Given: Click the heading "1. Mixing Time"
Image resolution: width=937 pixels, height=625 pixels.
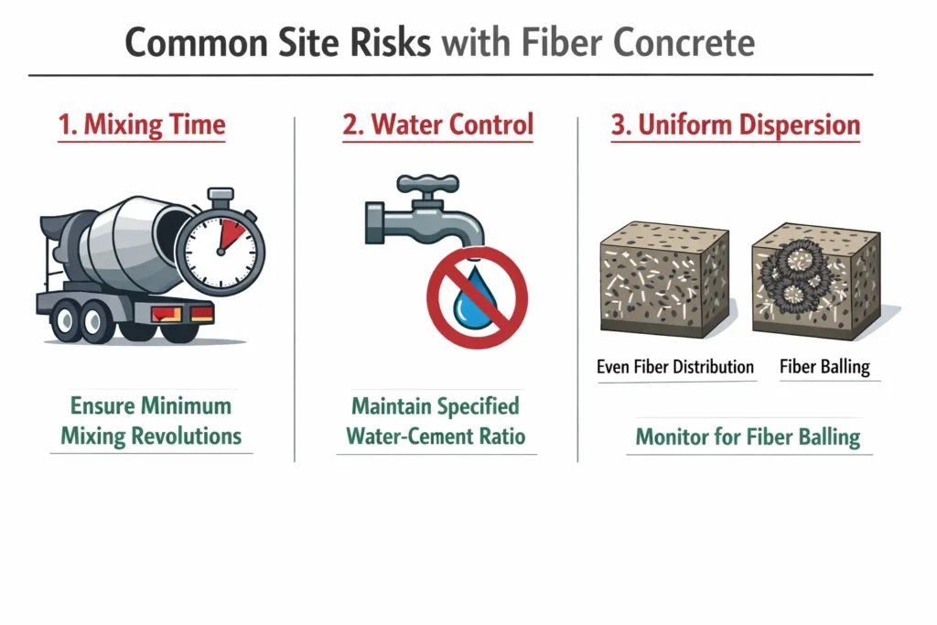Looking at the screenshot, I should pyautogui.click(x=141, y=125).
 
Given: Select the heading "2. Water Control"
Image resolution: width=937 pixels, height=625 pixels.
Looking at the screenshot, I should pyautogui.click(x=437, y=125).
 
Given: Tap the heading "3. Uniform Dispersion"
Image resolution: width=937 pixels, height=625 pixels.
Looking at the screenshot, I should pyautogui.click(x=736, y=125).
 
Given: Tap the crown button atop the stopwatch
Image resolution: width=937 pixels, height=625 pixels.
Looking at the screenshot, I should pyautogui.click(x=220, y=195).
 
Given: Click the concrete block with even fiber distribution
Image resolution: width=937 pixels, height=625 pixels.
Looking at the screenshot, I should pyautogui.click(x=664, y=278).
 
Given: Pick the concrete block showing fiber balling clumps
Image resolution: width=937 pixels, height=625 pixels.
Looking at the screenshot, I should pyautogui.click(x=815, y=280).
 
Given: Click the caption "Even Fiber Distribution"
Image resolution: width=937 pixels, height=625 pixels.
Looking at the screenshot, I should pyautogui.click(x=675, y=367).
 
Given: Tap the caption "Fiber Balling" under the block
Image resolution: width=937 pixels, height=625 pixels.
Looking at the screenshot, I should pyautogui.click(x=824, y=367).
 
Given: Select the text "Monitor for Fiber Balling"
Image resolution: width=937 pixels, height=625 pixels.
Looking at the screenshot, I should pyautogui.click(x=748, y=436).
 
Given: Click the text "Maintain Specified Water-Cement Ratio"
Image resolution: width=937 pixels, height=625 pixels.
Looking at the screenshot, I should pyautogui.click(x=436, y=420).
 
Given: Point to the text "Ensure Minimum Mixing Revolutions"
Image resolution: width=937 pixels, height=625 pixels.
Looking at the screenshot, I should pyautogui.click(x=152, y=420).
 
